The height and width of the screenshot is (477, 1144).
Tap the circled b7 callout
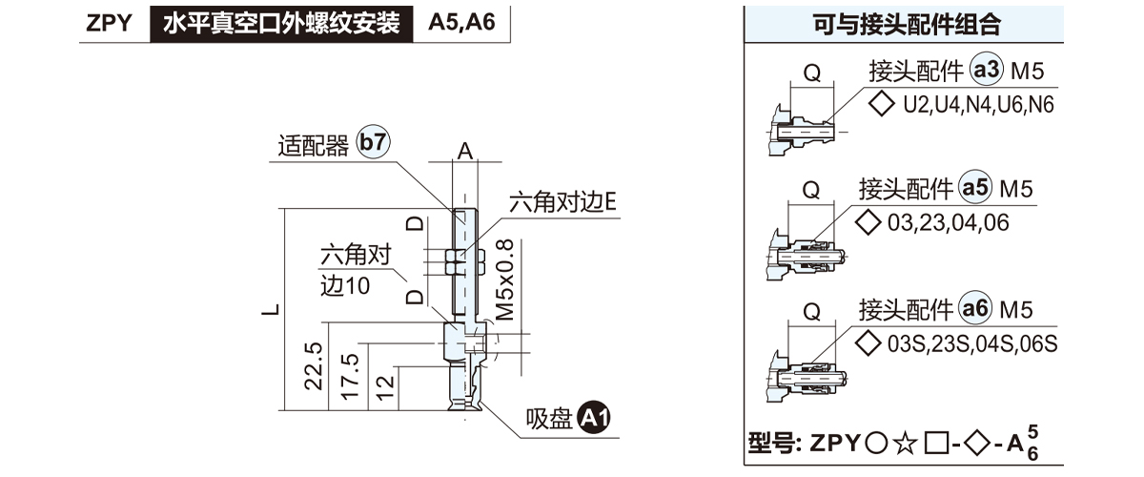pyautogui.click(x=373, y=143)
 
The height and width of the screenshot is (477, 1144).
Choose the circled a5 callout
pyautogui.click(x=975, y=190)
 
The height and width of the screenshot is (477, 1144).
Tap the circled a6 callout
pyautogui.click(x=975, y=310)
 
